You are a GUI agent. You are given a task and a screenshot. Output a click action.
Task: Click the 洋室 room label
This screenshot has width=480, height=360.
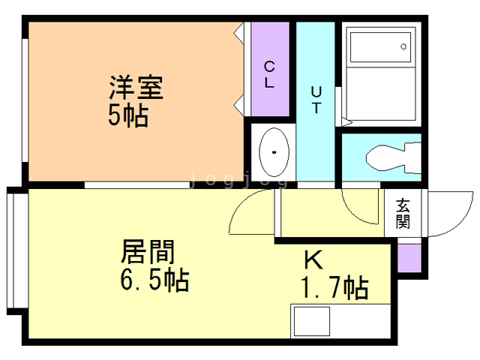tap(136, 88)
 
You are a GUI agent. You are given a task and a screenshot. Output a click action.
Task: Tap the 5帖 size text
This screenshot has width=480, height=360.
tap(127, 116)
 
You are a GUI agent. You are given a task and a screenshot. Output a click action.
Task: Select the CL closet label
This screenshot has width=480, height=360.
tap(268, 74)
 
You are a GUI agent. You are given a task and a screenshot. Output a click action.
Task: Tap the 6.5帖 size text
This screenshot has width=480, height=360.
tap(154, 281)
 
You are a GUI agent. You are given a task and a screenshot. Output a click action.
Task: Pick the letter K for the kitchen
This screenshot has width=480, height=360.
tap(313, 261)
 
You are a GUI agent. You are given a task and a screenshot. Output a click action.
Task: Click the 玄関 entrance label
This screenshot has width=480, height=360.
tap(403, 214)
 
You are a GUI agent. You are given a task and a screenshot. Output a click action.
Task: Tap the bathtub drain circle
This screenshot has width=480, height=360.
tap(404, 46)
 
